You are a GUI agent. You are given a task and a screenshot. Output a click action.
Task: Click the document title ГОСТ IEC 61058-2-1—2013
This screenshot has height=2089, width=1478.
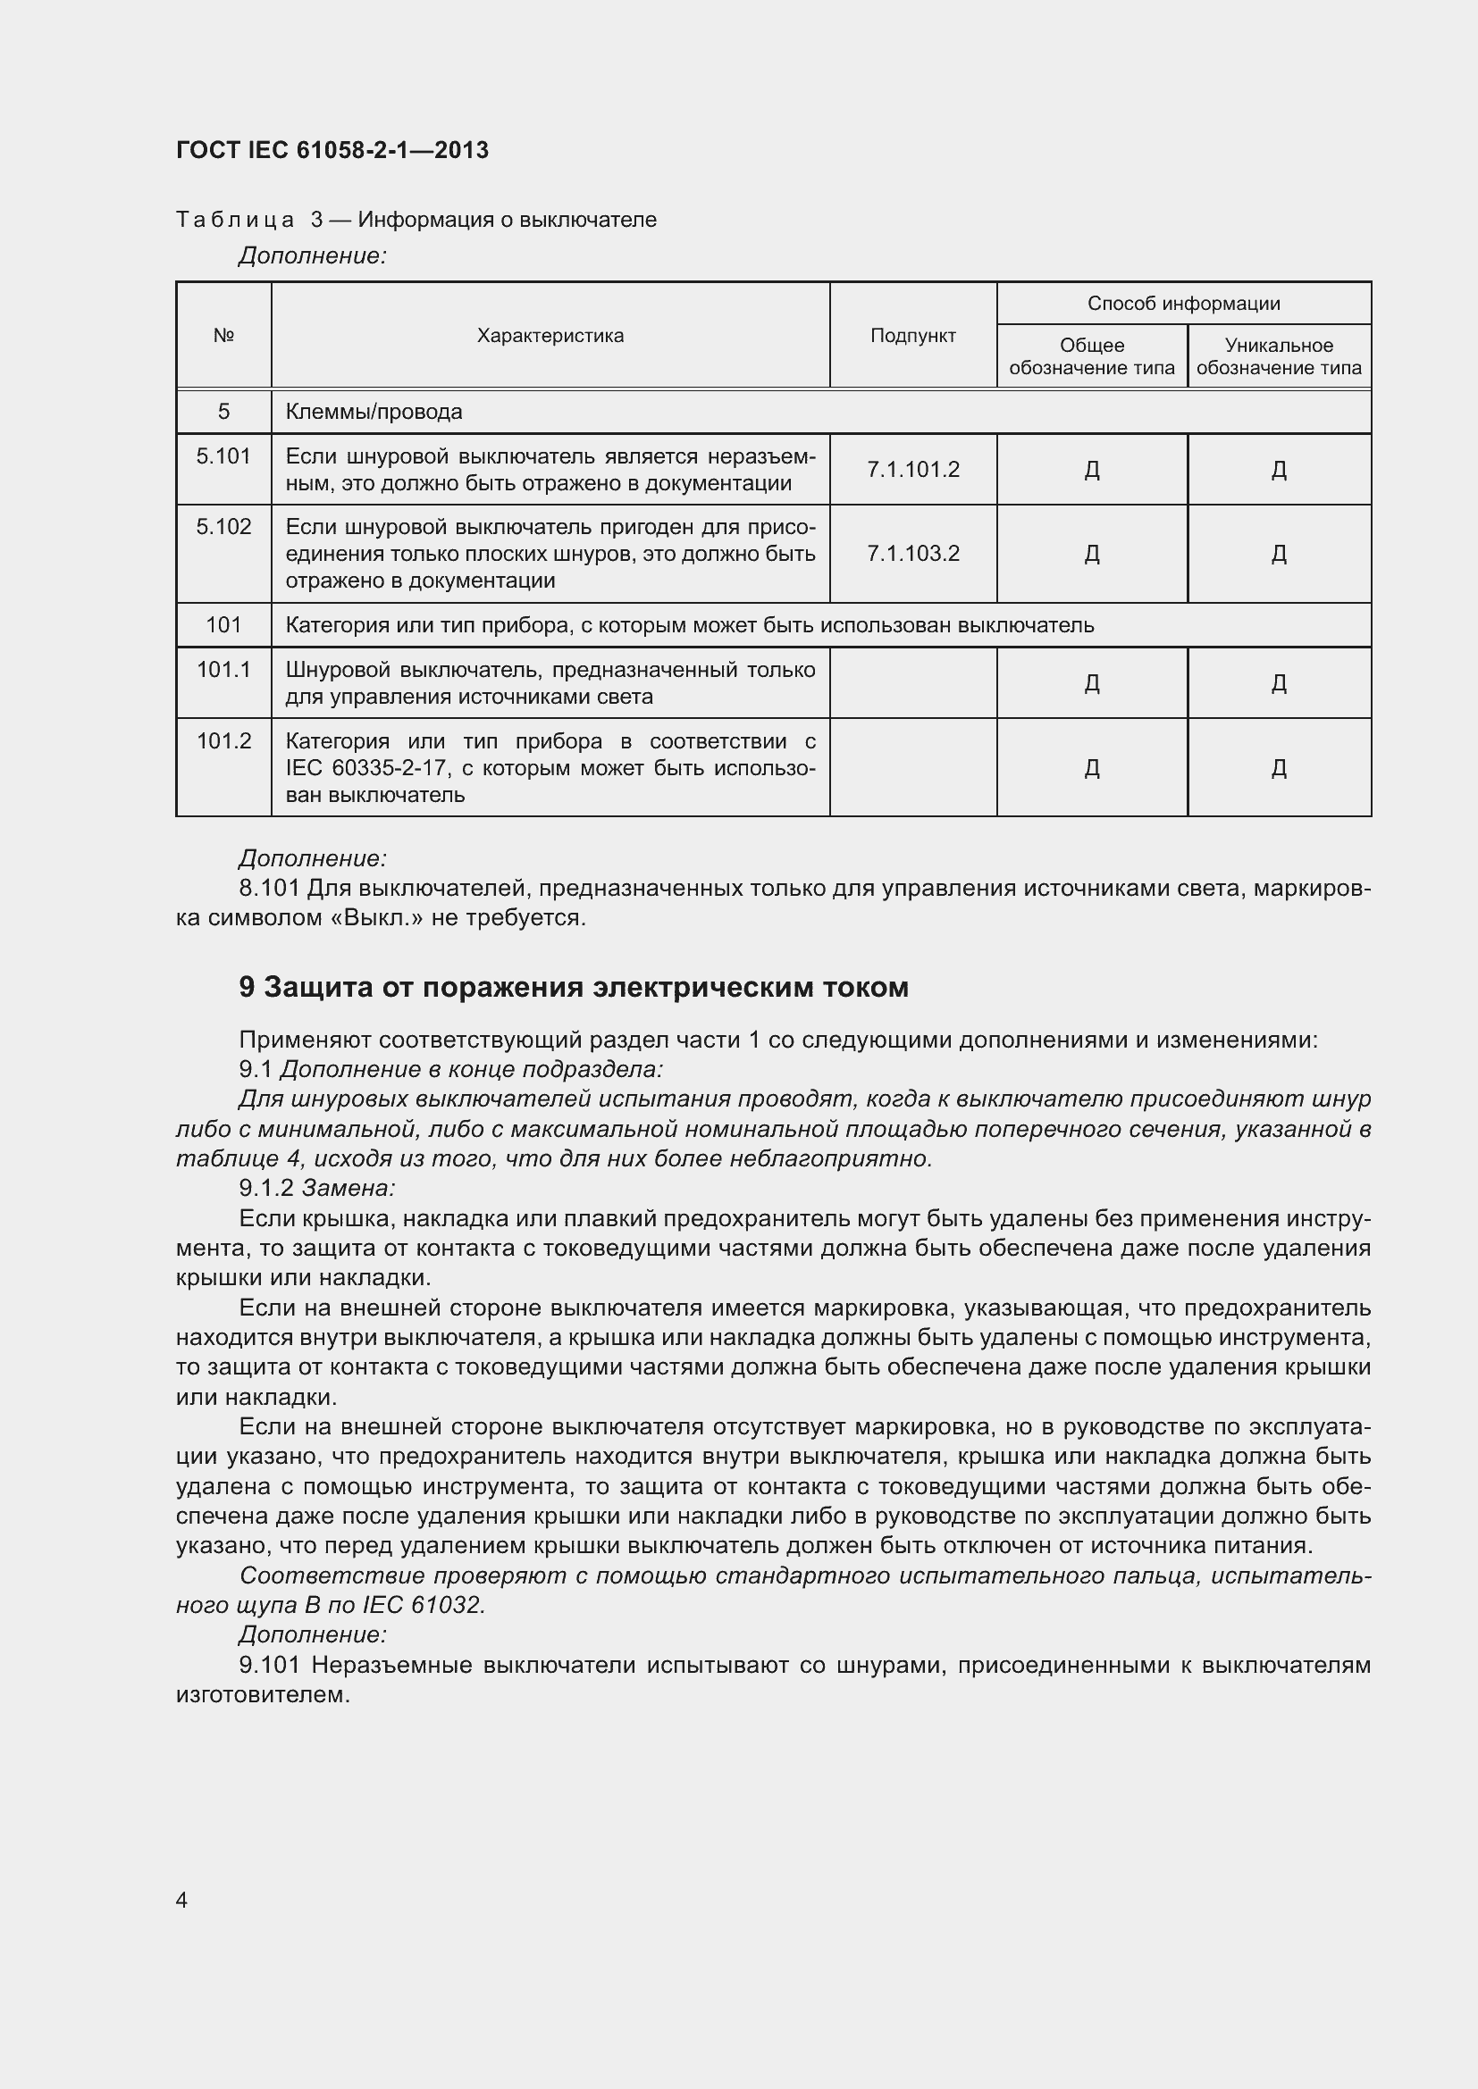point(332,150)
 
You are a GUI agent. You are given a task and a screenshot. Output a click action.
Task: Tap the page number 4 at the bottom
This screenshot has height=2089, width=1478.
point(182,1900)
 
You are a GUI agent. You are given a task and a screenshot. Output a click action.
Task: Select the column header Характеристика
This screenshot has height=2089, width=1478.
point(550,336)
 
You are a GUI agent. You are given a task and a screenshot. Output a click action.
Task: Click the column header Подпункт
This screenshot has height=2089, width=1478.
point(913,336)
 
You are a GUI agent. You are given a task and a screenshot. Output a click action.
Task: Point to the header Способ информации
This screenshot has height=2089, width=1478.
point(1183,304)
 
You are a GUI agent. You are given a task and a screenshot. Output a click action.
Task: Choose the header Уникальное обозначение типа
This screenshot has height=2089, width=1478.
point(1278,356)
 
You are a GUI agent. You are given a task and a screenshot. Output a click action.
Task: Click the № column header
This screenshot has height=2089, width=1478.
point(224,336)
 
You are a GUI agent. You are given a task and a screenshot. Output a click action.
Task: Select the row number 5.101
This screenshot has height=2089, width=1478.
point(224,455)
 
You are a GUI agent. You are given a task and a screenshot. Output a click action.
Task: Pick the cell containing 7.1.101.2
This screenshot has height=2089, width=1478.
point(913,470)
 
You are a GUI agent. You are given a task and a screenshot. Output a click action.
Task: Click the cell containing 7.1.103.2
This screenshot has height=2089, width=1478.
point(913,554)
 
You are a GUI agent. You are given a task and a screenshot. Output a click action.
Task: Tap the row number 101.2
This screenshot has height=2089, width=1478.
point(224,741)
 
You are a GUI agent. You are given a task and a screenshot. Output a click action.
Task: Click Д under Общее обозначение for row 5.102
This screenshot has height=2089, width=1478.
point(1092,554)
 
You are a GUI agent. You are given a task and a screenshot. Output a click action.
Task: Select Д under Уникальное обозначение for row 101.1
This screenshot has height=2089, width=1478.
point(1278,683)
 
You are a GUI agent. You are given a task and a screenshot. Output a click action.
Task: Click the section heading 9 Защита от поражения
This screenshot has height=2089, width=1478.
point(574,987)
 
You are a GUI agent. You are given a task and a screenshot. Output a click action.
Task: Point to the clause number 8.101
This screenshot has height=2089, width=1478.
point(269,888)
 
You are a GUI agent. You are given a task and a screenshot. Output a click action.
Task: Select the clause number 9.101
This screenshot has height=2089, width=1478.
point(269,1665)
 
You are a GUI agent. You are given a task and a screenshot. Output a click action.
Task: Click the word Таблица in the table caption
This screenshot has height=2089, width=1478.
point(235,221)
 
